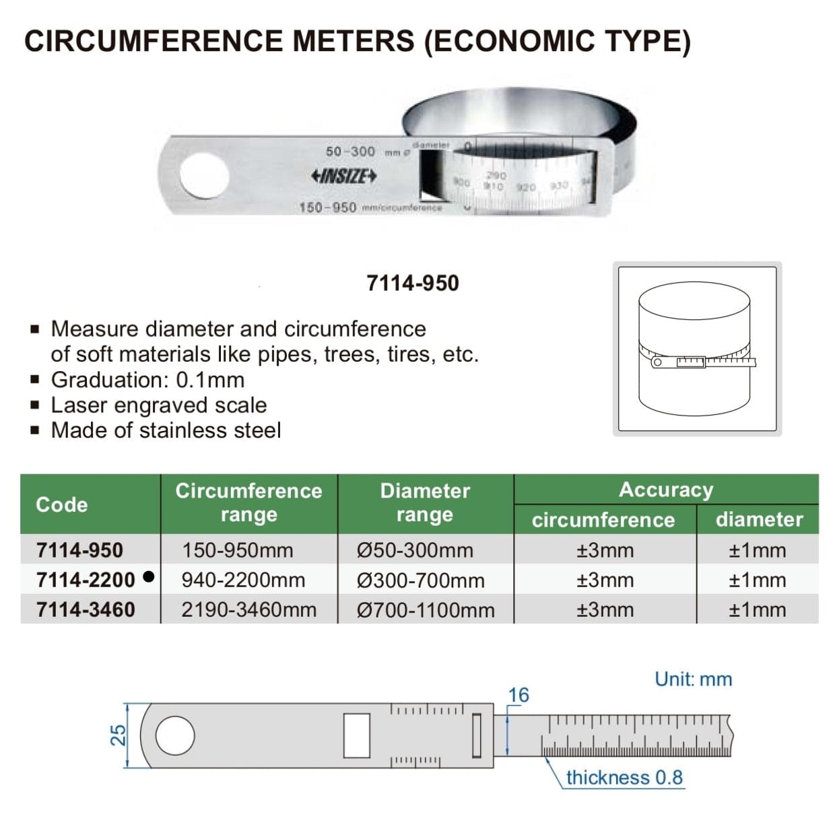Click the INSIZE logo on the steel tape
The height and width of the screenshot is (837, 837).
tap(343, 176)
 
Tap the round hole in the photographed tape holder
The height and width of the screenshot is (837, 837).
tap(204, 175)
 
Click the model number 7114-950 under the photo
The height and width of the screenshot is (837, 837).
tap(412, 283)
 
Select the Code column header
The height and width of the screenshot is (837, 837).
tap(62, 504)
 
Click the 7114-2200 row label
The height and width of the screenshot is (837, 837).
tap(86, 580)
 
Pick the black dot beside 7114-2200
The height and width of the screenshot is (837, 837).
tap(149, 577)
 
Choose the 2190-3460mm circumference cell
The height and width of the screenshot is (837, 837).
tap(248, 610)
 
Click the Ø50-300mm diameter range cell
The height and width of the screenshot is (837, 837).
tap(415, 550)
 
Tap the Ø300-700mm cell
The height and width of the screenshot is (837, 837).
tap(420, 580)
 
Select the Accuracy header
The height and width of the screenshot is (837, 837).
tap(665, 490)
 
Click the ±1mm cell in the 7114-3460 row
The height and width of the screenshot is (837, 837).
tap(757, 610)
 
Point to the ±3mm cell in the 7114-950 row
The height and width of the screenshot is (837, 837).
tap(605, 550)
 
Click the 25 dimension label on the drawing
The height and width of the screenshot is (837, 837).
tap(118, 735)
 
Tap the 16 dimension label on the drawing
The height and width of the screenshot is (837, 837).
tap(518, 695)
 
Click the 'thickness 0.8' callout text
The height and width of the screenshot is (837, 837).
tap(624, 778)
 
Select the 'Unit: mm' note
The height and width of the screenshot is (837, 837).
tap(693, 679)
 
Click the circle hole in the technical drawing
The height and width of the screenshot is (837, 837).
tap(175, 735)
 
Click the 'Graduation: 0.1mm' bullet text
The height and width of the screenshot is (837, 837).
tap(147, 380)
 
